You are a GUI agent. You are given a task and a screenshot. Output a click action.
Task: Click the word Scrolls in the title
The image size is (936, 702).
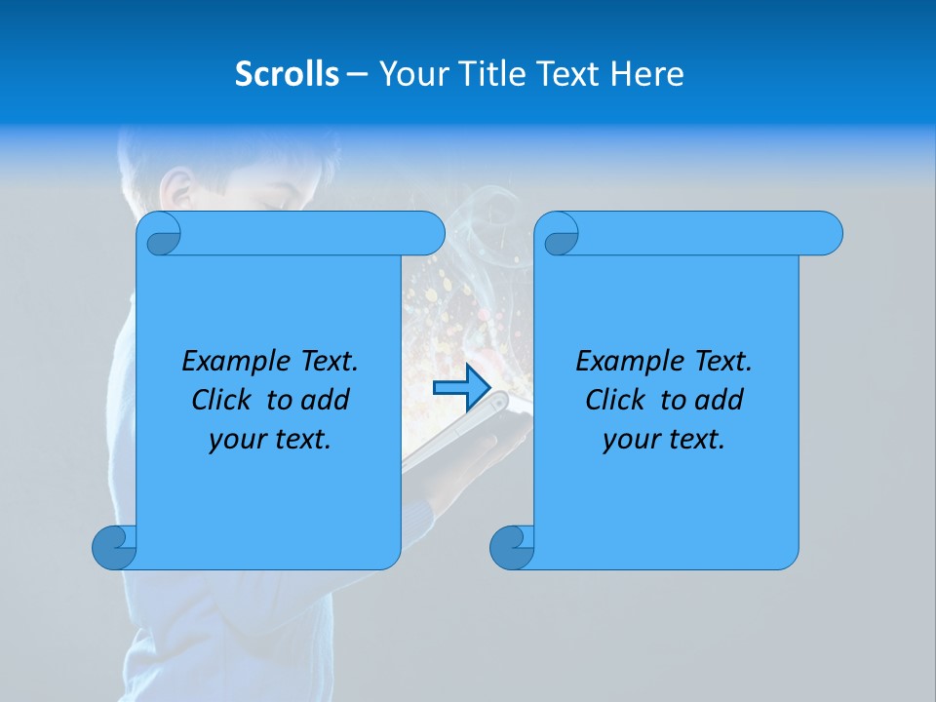pos(287,74)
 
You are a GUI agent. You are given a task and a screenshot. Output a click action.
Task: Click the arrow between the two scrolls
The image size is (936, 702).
pos(461,388)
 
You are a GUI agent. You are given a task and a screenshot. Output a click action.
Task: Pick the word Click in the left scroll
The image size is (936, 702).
pos(223,400)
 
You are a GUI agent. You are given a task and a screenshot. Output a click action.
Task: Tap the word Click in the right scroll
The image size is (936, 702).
pos(615,400)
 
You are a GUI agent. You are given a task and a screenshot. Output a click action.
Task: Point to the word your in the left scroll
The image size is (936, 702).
pos(235,440)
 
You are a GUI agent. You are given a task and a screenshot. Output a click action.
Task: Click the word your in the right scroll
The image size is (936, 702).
pos(629,440)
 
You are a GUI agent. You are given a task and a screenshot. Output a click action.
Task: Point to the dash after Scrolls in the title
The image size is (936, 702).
pos(357,74)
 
